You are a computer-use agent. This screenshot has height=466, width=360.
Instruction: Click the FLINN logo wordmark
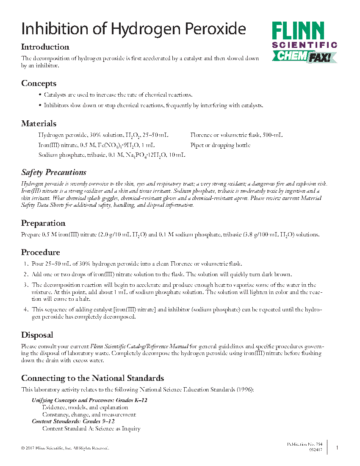(298, 31)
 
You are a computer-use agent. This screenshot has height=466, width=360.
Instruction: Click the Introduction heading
(45, 47)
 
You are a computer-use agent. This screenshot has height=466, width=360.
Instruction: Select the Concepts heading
(39, 83)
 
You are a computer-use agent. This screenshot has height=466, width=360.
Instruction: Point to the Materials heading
(39, 124)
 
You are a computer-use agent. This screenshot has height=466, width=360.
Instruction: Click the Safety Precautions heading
(54, 172)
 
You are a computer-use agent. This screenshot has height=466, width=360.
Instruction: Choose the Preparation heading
(43, 223)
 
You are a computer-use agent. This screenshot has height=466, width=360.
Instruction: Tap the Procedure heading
(41, 252)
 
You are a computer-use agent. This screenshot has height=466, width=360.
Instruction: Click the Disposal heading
(37, 335)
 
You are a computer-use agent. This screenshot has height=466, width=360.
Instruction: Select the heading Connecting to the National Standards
(92, 378)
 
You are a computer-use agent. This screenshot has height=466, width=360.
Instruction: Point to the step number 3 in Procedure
(25, 285)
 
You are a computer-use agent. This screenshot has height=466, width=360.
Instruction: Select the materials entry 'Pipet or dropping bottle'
(220, 145)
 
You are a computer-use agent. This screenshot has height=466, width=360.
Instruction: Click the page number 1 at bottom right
(337, 447)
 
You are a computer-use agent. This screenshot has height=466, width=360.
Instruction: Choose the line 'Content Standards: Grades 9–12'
(73, 422)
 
